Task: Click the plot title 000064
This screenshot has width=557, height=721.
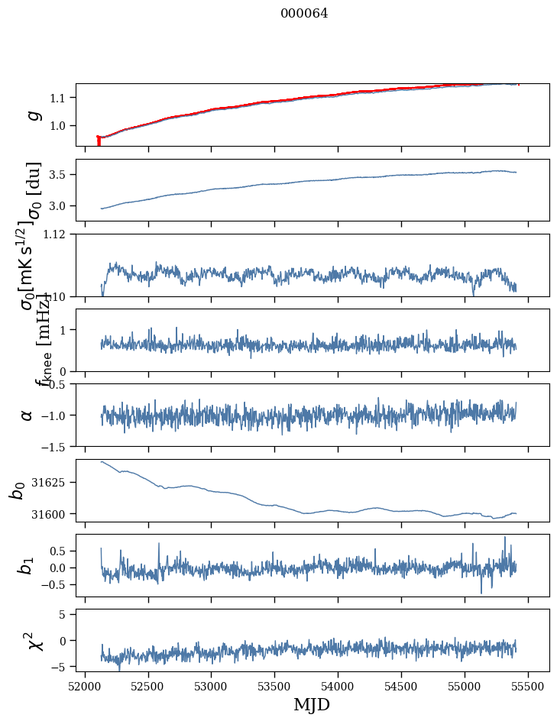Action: [304, 14]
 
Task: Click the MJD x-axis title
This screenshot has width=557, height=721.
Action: [312, 704]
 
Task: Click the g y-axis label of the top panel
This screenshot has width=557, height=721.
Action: [32, 115]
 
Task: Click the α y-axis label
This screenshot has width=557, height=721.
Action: [28, 415]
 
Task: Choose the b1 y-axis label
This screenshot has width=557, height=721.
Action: [28, 566]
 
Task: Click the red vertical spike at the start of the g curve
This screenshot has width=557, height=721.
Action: [99, 141]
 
